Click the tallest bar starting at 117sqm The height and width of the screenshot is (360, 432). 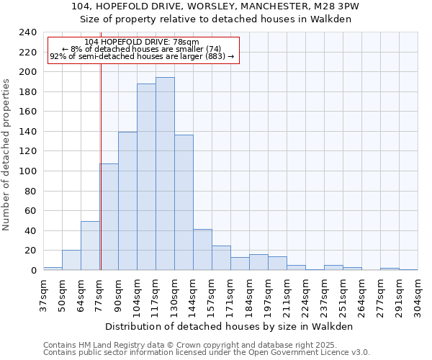coord(165,174)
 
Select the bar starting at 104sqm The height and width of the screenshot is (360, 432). coord(146,176)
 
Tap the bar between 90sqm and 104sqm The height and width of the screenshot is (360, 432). coord(127,201)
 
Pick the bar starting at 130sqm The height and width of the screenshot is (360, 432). coord(184,202)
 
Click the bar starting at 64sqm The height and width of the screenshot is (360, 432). coord(90,246)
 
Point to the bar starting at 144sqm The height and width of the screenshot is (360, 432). coord(202,249)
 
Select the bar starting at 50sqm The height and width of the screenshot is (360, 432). coord(71,260)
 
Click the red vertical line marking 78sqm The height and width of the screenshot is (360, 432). coord(101,180)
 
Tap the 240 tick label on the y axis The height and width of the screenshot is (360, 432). coord(27,32)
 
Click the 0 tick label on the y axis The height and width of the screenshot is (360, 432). coord(33,270)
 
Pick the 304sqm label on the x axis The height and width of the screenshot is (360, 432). coord(418,296)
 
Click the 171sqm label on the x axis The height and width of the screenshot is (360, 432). coord(230,296)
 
